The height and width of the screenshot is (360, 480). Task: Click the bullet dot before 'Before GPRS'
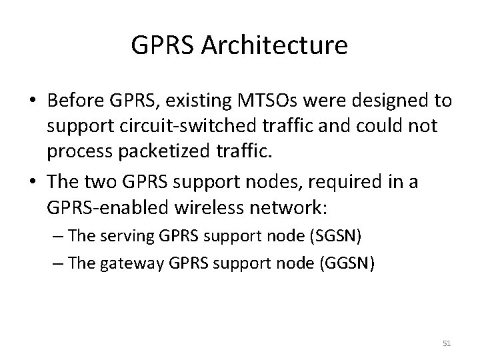(31, 103)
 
